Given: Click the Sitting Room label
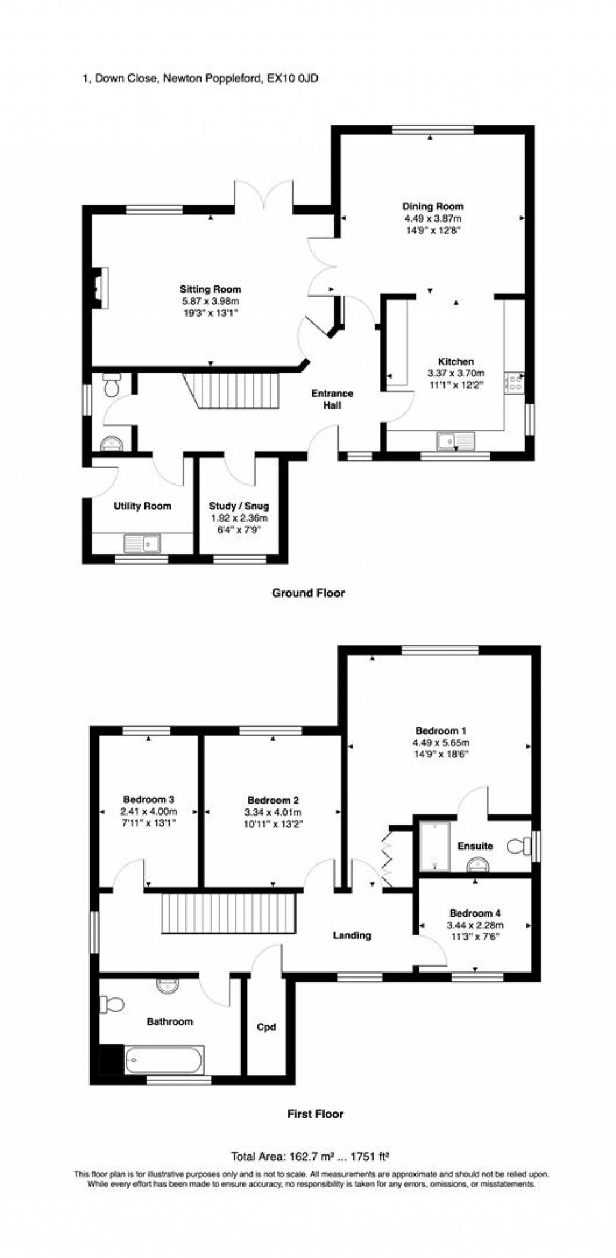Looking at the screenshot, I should [x=210, y=289].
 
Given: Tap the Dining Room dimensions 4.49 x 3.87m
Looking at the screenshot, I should [x=433, y=218].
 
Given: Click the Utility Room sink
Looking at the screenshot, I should [x=143, y=544].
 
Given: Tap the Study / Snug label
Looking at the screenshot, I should [x=239, y=506].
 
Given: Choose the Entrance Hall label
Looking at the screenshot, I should [x=332, y=399].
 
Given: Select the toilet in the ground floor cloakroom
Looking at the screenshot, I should [x=112, y=385].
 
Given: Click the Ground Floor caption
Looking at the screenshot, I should [x=308, y=593].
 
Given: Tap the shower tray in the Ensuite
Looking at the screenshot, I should [x=434, y=847].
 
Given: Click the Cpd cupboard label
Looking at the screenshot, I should [x=266, y=1027].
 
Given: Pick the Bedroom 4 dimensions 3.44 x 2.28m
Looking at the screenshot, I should [x=475, y=925].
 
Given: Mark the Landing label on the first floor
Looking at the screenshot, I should [x=352, y=935].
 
